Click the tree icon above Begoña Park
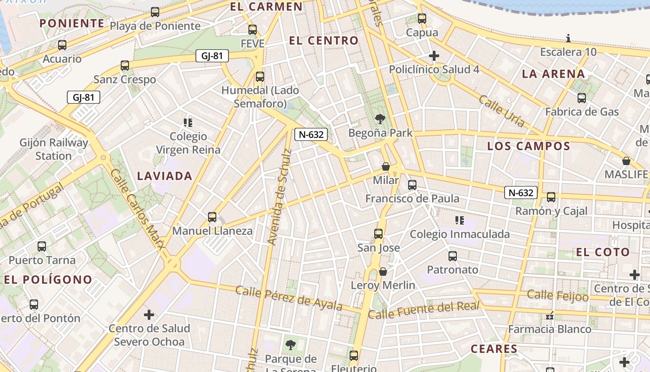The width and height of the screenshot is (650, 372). point(380,119)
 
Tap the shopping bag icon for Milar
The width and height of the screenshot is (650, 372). point(385,166)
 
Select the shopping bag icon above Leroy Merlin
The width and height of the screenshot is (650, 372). point(383,271)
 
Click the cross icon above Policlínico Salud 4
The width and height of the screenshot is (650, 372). point(434,56)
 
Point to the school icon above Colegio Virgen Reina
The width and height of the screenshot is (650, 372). point(188,123)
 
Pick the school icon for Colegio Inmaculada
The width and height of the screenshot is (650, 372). point(460,220)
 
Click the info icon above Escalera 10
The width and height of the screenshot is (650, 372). point(568,38)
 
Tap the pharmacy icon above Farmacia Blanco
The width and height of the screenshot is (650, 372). point(550,316)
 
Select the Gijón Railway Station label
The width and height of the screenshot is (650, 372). point(53,149)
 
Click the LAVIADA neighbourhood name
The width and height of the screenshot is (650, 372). point(165,176)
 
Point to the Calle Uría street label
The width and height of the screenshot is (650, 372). point(501,111)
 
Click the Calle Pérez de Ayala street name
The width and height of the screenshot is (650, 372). point(289,298)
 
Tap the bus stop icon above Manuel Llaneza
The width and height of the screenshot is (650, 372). point(212,217)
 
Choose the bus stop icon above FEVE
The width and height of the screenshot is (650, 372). point(253,30)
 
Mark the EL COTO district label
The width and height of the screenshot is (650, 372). point(603,252)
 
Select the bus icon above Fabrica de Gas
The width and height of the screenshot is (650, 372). point(582,98)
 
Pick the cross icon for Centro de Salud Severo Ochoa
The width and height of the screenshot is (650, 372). point(149,315)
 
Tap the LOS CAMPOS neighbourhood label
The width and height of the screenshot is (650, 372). point(528,146)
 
